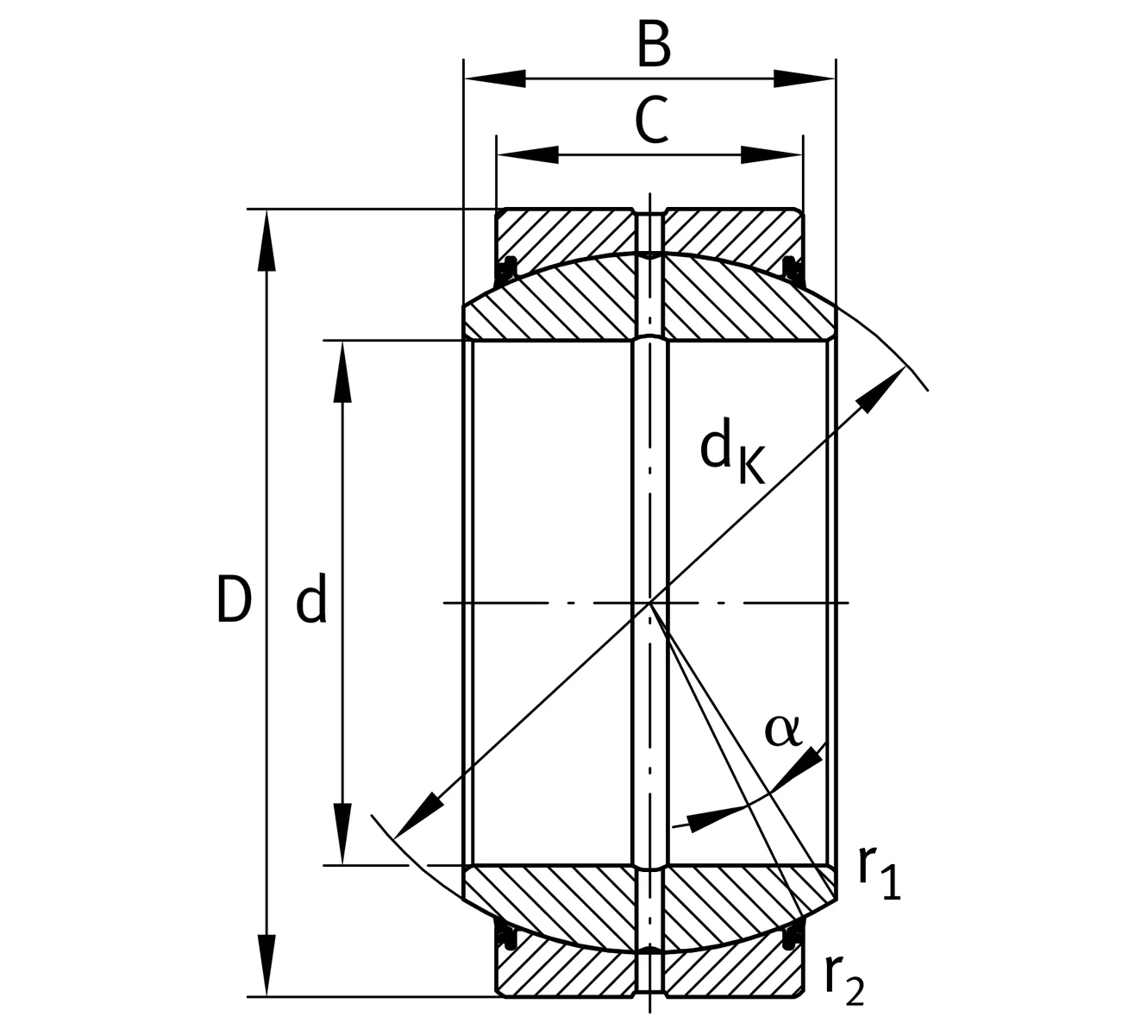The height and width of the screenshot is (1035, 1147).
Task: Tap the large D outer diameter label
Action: pyautogui.click(x=234, y=599)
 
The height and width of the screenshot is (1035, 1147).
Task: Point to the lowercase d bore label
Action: pyautogui.click(x=311, y=597)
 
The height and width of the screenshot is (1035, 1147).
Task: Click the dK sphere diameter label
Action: pyautogui.click(x=732, y=451)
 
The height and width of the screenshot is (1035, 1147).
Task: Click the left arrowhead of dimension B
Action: pyautogui.click(x=495, y=78)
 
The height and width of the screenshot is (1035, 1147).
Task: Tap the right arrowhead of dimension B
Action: pyautogui.click(x=805, y=78)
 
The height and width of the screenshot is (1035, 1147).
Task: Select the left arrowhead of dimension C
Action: pyautogui.click(x=528, y=155)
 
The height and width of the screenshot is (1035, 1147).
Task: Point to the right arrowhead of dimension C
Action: pyautogui.click(x=772, y=155)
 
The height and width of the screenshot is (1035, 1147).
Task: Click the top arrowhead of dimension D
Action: pyautogui.click(x=266, y=240)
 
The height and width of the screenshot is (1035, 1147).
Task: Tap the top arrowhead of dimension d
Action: pyautogui.click(x=342, y=373)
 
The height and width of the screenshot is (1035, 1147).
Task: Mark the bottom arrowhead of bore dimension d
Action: pyautogui.click(x=342, y=834)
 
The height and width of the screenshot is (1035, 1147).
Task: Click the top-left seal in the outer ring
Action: pyautogui.click(x=506, y=271)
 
